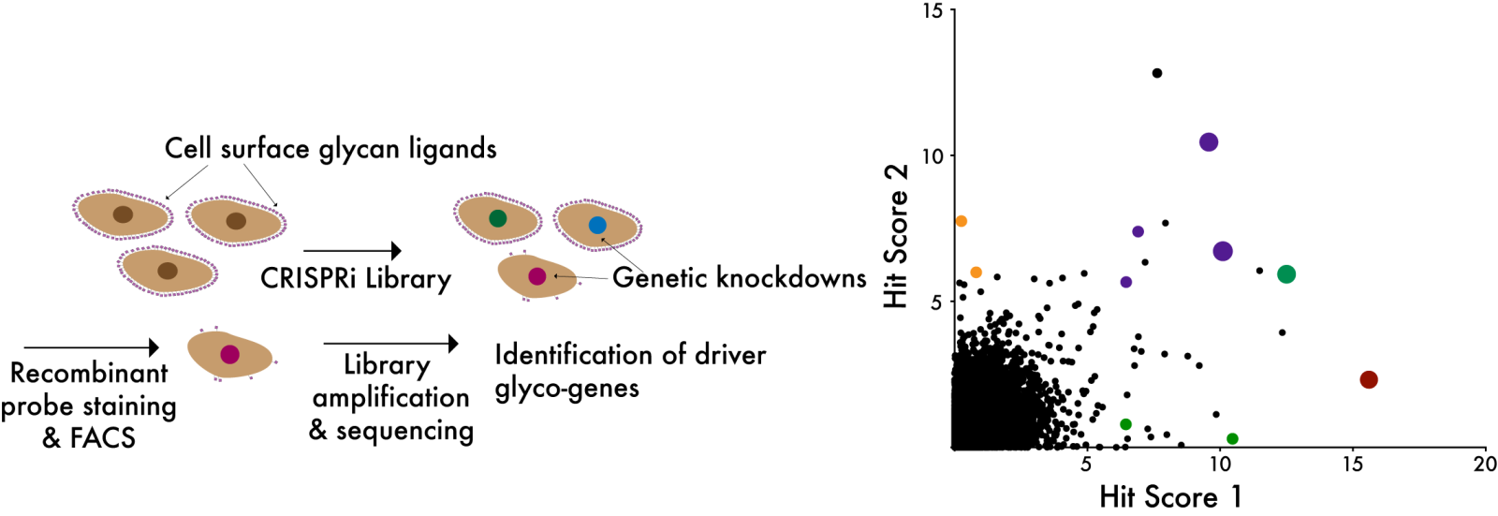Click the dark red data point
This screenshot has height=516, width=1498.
[1368, 379]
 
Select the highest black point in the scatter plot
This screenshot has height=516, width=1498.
[1157, 73]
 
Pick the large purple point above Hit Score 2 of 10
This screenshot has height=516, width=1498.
[1208, 142]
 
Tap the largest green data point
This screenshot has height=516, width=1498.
[1285, 274]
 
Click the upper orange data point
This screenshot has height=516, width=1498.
[961, 221]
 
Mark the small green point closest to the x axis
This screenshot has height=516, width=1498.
[1232, 438]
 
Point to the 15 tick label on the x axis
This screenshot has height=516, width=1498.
[1352, 464]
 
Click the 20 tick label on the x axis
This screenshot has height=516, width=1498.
[1485, 464]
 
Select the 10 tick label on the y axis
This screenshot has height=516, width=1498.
[932, 156]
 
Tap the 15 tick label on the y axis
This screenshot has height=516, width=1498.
[932, 11]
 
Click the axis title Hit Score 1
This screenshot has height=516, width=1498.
[1170, 496]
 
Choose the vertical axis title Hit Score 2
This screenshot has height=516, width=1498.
[896, 236]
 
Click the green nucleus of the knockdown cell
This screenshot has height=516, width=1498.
[497, 218]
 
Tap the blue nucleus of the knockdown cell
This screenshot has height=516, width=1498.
[597, 225]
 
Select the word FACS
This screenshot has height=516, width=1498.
[102, 438]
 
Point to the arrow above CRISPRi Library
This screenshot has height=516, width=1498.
[352, 250]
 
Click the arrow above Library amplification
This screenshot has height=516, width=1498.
[390, 344]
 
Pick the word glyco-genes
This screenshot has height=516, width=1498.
[566, 388]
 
